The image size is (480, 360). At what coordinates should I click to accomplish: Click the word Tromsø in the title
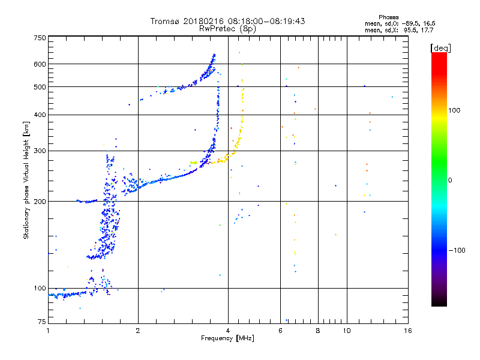coord(166,21)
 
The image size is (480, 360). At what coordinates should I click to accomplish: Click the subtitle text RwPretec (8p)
coord(228,28)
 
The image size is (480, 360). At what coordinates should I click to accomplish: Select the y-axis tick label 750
coord(40,38)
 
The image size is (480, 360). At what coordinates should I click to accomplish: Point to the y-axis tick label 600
coord(40,64)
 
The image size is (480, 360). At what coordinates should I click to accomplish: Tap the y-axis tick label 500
coord(40,87)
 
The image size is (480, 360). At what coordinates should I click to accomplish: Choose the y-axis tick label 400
coord(40,115)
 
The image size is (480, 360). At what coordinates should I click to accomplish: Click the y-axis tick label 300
coord(40,151)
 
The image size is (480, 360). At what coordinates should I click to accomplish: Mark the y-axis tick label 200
coord(40,202)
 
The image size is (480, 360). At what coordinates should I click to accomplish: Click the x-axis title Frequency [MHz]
coord(228,339)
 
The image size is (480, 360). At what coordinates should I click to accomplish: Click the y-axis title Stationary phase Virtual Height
coord(26,180)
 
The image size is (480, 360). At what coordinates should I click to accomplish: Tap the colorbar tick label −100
coord(458,250)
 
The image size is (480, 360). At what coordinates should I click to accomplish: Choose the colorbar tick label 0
coord(451,180)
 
